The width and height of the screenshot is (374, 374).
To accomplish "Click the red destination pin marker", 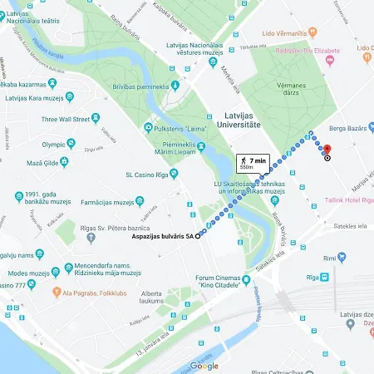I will [x=327, y=150].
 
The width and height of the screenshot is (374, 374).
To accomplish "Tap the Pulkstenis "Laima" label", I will [x=180, y=127].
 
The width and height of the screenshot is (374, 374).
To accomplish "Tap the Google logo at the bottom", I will [x=204, y=366].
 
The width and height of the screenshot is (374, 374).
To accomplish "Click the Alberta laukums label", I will [x=151, y=298].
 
